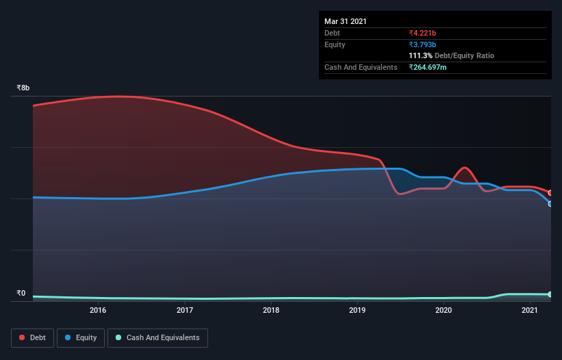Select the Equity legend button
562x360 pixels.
[x=81, y=337]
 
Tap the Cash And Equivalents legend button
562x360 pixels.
[x=157, y=337]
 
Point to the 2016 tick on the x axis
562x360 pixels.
[x=98, y=311]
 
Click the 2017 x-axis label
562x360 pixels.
[x=185, y=311]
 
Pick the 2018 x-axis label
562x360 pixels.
[x=271, y=311]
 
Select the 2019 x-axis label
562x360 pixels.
[x=357, y=311]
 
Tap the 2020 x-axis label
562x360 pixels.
[x=444, y=311]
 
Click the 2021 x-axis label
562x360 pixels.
[x=530, y=311]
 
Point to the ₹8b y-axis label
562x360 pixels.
[x=23, y=88]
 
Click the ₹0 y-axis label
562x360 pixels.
[x=21, y=294]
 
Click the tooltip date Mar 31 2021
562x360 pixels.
[x=346, y=21]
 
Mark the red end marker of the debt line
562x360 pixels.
[x=550, y=192]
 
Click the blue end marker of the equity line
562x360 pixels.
[x=550, y=203]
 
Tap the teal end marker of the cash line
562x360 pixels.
[x=550, y=294]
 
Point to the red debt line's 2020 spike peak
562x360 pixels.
[x=465, y=168]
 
